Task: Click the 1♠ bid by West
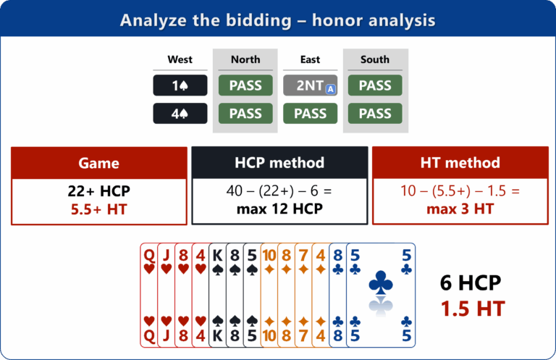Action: tap(180, 85)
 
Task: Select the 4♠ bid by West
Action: tap(180, 114)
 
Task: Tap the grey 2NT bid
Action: tap(311, 85)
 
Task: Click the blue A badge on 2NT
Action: tap(330, 89)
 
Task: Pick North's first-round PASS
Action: tap(245, 85)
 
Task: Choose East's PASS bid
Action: tap(311, 114)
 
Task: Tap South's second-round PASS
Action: tap(375, 114)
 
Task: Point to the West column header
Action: tap(180, 59)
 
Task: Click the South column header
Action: tap(375, 59)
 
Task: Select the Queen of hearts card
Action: tap(149, 295)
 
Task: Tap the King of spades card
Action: tap(217, 295)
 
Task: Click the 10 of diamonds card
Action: tap(269, 295)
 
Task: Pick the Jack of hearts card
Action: tap(166, 295)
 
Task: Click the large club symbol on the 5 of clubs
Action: tap(381, 282)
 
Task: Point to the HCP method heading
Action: tap(279, 163)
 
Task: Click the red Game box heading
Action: tap(99, 163)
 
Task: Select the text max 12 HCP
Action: tap(279, 209)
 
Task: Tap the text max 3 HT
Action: tap(460, 209)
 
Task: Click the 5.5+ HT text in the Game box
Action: tap(98, 209)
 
